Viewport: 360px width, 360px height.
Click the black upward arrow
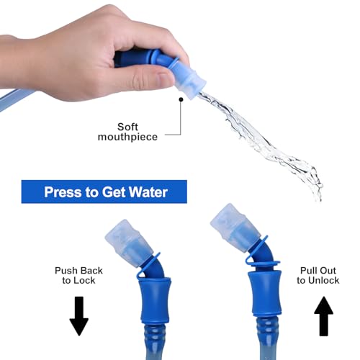[323, 316]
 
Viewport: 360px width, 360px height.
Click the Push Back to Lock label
[78, 275]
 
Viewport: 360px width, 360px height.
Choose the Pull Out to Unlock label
[318, 275]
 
